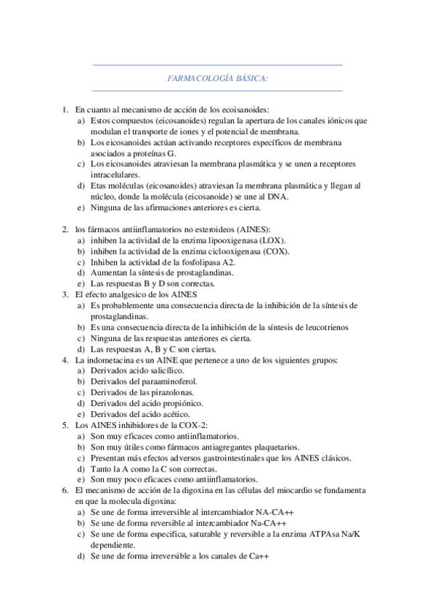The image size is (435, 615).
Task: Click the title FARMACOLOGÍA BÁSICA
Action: click(218, 78)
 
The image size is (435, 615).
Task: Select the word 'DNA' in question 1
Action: click(280, 197)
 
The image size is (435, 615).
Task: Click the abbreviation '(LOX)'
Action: click(272, 240)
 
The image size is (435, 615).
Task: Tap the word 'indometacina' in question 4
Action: click(115, 360)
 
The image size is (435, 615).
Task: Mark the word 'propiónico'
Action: click(184, 403)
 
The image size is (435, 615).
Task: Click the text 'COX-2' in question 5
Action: click(191, 425)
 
